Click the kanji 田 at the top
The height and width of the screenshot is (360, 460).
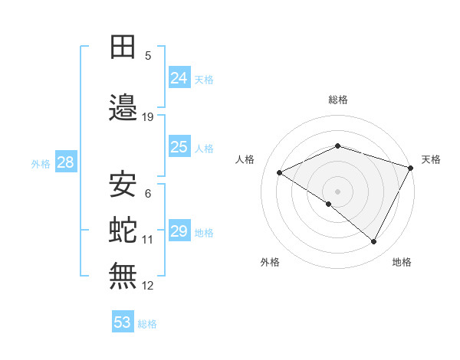(123, 47)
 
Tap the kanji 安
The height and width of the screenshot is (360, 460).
(123, 185)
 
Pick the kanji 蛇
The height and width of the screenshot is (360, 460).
(123, 231)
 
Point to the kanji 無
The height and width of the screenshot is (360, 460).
(123, 276)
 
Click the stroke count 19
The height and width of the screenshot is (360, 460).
(148, 117)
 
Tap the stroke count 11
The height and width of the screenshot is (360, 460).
(148, 240)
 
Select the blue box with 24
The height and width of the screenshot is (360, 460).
(179, 78)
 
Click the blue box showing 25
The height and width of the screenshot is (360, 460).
(179, 147)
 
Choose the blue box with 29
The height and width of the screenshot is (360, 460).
(179, 231)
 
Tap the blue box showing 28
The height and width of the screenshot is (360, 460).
(65, 162)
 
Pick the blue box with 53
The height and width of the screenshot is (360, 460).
(123, 322)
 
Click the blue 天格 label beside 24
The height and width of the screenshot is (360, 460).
(204, 79)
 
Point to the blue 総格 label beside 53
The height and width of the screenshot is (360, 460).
(147, 323)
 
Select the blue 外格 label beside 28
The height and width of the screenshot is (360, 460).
(41, 163)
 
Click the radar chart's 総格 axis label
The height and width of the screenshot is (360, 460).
(337, 100)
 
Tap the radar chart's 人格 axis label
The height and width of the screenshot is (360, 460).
(245, 159)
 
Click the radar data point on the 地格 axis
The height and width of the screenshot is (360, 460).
(374, 242)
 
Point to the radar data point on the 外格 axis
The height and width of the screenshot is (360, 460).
(329, 204)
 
